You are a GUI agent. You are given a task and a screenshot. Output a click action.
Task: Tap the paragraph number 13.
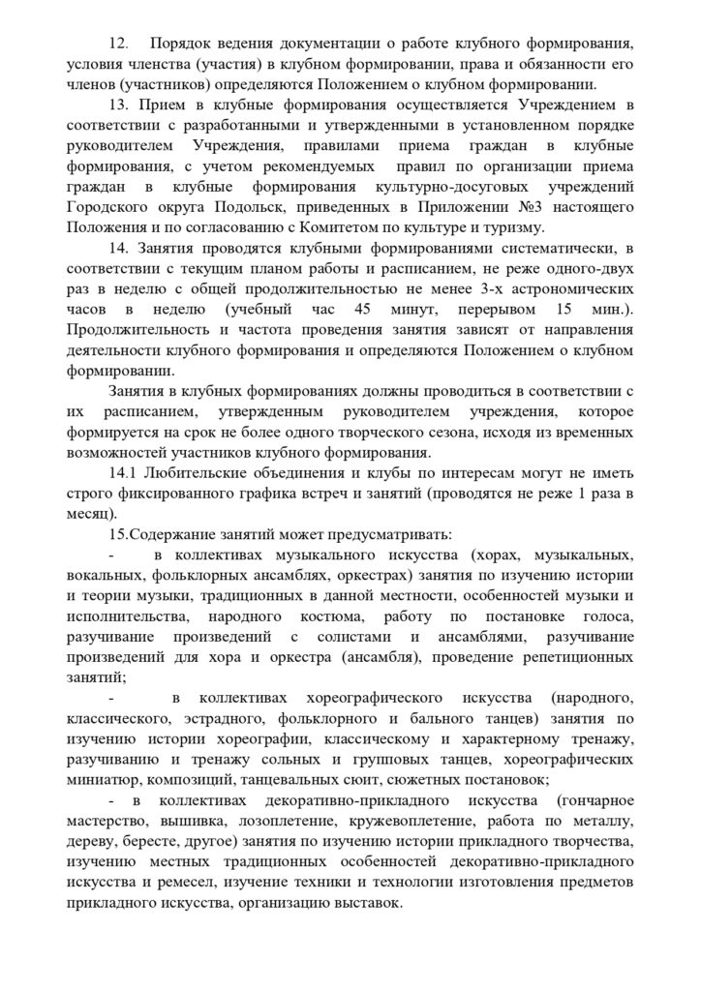120,105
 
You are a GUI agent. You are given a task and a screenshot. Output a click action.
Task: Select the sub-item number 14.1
126,474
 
